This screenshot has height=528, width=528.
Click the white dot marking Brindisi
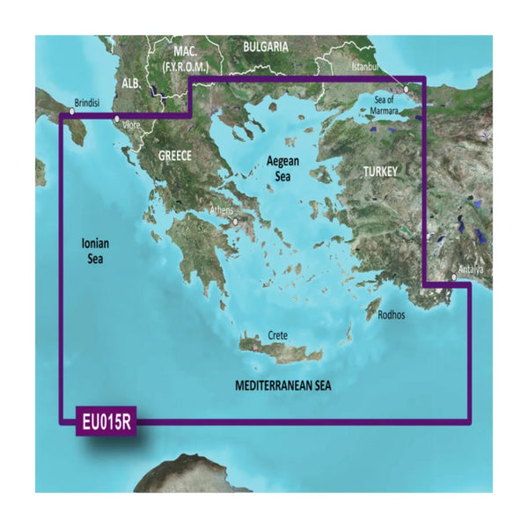72,112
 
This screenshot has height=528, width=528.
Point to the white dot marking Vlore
116,117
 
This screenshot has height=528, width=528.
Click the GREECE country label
174,156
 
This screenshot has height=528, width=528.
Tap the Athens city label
222,211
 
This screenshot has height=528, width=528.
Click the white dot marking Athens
236,222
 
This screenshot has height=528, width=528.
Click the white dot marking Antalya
454,278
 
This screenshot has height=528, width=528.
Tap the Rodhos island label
391,314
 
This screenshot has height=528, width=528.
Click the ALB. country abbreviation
131,83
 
